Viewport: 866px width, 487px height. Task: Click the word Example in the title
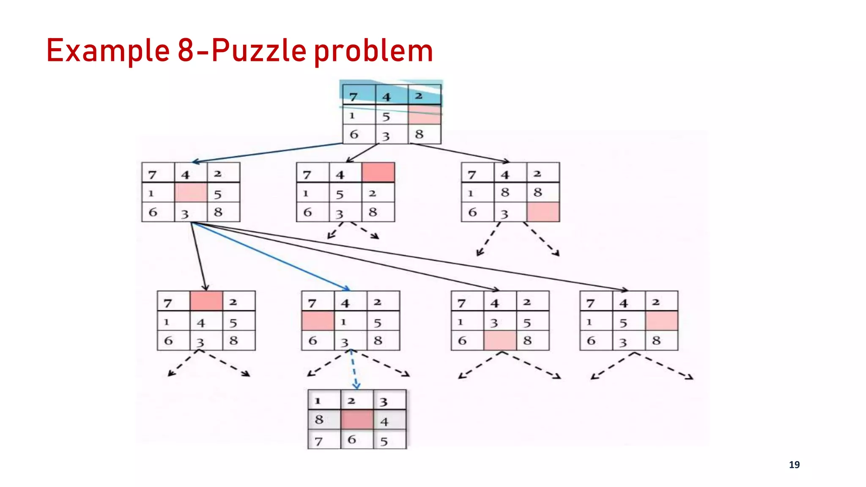click(108, 51)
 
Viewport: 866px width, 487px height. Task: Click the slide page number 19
click(794, 465)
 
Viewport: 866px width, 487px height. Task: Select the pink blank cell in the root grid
click(425, 115)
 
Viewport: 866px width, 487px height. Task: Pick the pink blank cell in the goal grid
click(357, 420)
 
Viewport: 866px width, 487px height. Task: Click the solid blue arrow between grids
click(271, 256)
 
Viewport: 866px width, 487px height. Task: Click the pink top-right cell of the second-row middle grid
click(378, 172)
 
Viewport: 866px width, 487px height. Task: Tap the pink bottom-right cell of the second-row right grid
click(543, 212)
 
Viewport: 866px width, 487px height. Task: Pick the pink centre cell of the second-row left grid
click(191, 192)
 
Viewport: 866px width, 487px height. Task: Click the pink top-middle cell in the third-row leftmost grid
click(206, 301)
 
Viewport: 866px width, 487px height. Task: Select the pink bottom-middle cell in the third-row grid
click(500, 340)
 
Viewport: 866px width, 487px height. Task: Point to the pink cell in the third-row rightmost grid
click(661, 321)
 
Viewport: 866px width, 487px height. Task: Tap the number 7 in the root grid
click(354, 97)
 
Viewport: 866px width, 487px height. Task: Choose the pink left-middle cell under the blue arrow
click(318, 321)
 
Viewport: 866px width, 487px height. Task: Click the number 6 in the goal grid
click(351, 440)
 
